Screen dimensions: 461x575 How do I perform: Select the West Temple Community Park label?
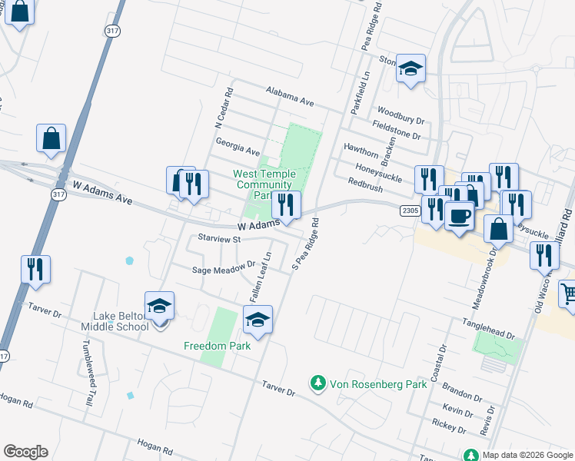[x=264, y=184]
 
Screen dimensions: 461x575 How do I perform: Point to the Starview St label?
[x=220, y=239]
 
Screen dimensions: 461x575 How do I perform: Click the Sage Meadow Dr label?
[x=224, y=268]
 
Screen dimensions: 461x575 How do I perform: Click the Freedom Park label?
[x=218, y=346]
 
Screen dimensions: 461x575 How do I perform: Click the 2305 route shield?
[x=410, y=210]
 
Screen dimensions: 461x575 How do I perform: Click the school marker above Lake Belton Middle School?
[x=160, y=306]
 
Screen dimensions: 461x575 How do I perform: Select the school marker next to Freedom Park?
[x=258, y=320]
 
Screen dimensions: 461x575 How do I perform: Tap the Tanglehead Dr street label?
[x=488, y=328]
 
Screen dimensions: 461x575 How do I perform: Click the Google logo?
[x=25, y=452]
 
